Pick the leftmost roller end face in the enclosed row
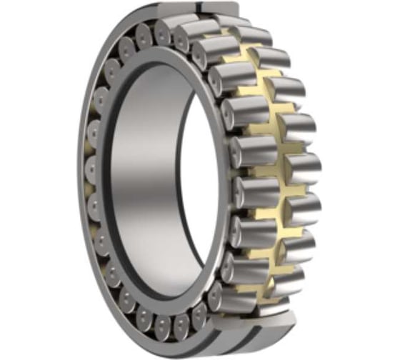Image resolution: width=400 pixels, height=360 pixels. coord(92,170)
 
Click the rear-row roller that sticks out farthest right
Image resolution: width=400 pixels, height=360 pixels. coord(304,169)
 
